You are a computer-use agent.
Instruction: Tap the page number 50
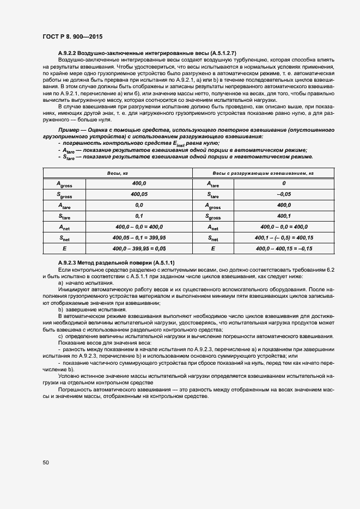46,463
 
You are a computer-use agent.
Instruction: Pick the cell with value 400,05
139,194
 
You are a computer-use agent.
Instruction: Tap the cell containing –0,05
284,194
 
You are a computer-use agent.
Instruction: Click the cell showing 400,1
284,216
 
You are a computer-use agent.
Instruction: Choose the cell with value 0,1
139,216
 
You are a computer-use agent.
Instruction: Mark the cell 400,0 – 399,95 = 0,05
139,248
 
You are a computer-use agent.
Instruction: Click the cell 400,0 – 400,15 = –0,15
284,248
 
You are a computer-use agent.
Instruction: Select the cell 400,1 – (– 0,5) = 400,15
284,237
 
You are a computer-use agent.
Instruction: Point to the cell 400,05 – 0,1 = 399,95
139,237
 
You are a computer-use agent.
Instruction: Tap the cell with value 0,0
139,205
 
